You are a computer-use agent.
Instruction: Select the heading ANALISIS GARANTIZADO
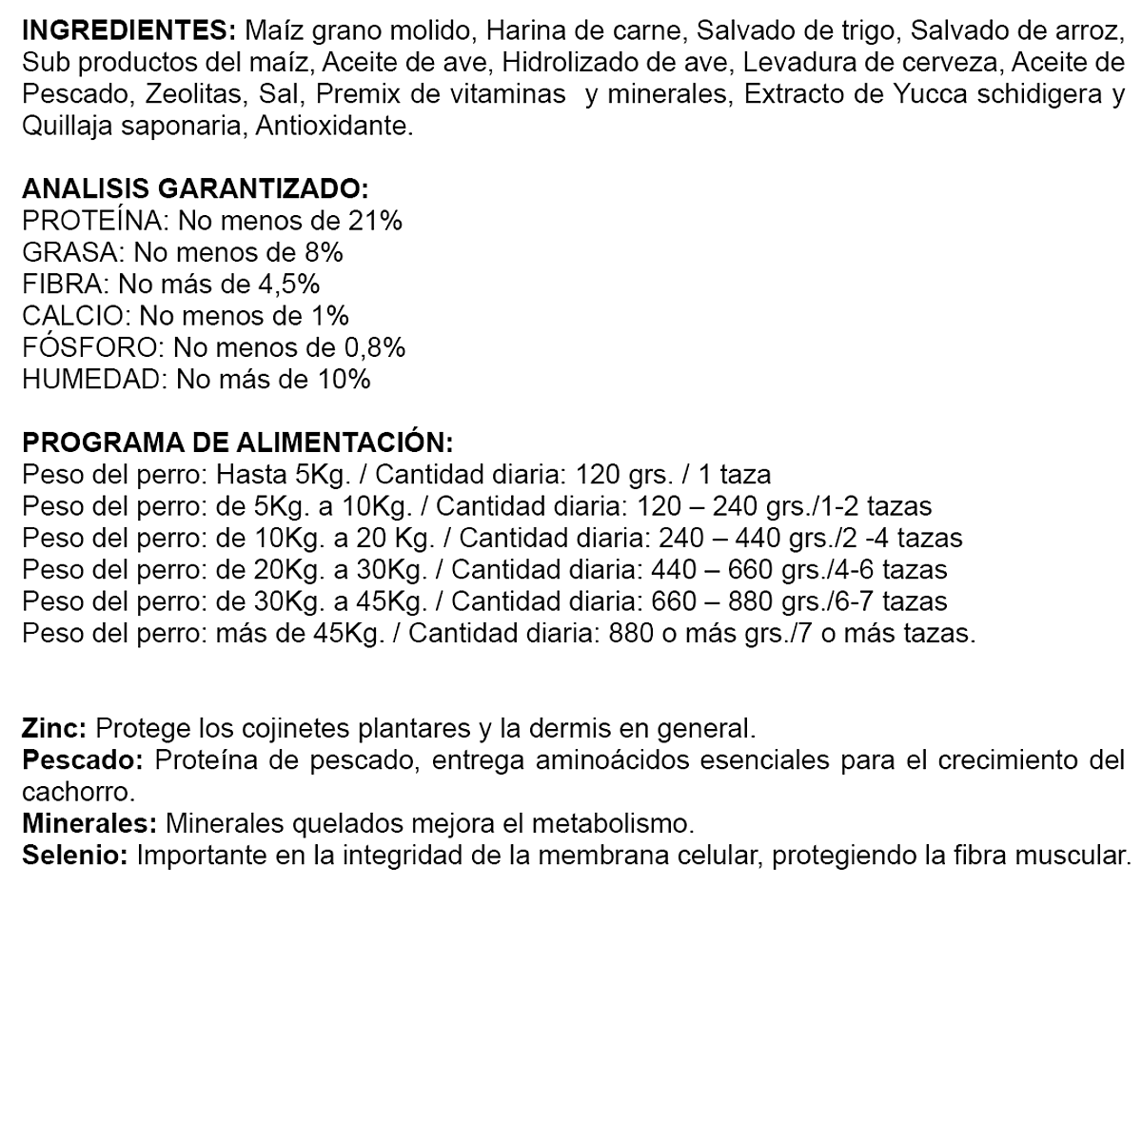coord(194,188)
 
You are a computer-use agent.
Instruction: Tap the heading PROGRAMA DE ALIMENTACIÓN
coord(238,443)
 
